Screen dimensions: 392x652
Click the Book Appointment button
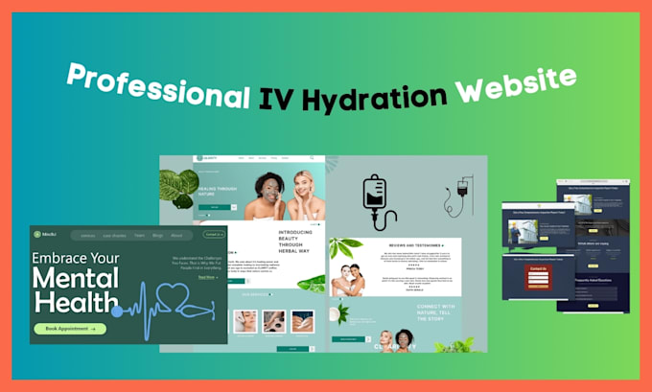click(70, 328)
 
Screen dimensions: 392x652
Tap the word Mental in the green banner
click(76, 279)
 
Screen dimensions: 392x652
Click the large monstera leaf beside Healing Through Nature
click(177, 187)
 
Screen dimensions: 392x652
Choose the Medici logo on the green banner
click(45, 235)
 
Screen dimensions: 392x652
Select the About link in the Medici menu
click(177, 235)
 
